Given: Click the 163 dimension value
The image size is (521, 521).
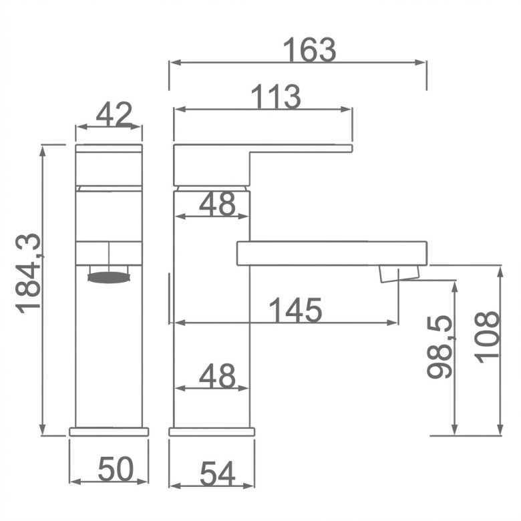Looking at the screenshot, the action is click(x=309, y=50).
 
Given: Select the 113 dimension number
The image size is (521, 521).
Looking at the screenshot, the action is click(x=276, y=97).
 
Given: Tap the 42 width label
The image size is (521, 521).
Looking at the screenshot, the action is click(x=114, y=114).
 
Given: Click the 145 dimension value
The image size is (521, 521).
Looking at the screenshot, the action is click(x=295, y=310).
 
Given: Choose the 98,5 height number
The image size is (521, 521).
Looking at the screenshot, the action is click(x=440, y=347).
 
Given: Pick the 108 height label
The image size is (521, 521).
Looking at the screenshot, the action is click(x=487, y=337).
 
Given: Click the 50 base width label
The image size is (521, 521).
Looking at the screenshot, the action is click(x=116, y=469).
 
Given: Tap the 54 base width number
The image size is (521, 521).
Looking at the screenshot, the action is click(x=217, y=473).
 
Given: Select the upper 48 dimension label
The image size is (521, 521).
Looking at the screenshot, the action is click(x=217, y=204).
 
